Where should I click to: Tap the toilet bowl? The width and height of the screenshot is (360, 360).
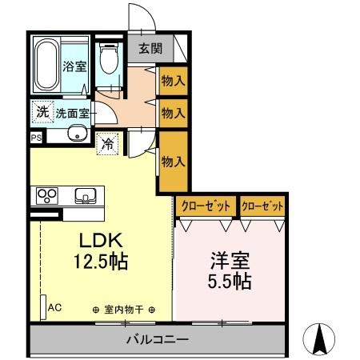[108, 61]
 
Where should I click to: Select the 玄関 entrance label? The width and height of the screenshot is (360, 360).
[149, 49]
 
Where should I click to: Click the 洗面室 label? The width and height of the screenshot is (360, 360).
[73, 113]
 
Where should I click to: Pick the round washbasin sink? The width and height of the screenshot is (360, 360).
[77, 134]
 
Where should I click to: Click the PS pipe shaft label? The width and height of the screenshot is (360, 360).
[35, 137]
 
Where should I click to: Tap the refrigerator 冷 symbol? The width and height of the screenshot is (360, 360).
[107, 145]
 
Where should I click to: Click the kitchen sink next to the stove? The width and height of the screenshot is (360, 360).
[84, 194]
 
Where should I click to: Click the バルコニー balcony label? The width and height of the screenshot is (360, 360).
[158, 339]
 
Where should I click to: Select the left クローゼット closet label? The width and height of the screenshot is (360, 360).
[206, 206]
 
